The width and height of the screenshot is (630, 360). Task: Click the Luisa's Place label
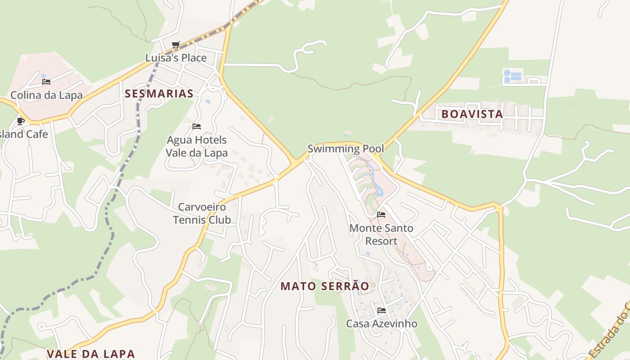[x=176, y=58]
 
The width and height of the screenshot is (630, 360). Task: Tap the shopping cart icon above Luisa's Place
[x=176, y=45]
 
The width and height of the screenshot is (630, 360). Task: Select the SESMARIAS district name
[x=159, y=94]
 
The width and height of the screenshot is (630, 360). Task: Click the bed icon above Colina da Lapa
[x=46, y=82]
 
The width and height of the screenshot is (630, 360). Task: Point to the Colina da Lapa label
[x=46, y=95]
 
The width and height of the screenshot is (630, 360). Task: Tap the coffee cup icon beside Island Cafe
[x=21, y=121]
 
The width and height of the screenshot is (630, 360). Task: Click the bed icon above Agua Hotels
[x=197, y=126]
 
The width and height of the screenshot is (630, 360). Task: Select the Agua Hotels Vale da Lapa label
[x=197, y=146]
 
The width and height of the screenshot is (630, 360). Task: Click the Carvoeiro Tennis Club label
[x=202, y=213]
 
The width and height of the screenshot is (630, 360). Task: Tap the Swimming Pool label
[x=346, y=148]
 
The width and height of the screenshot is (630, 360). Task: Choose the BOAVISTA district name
[x=472, y=114]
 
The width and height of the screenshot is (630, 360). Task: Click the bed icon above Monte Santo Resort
[x=381, y=215]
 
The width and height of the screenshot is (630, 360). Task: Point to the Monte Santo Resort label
[x=381, y=234]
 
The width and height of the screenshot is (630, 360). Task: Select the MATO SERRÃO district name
[x=324, y=286]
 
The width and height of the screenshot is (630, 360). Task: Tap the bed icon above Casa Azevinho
[x=382, y=310]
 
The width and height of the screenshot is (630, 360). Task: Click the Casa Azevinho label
[x=382, y=324]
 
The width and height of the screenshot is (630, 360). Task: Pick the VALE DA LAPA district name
[x=90, y=354]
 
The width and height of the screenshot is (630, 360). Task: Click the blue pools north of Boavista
[x=513, y=76]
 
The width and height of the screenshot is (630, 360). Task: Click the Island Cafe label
[x=25, y=134]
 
